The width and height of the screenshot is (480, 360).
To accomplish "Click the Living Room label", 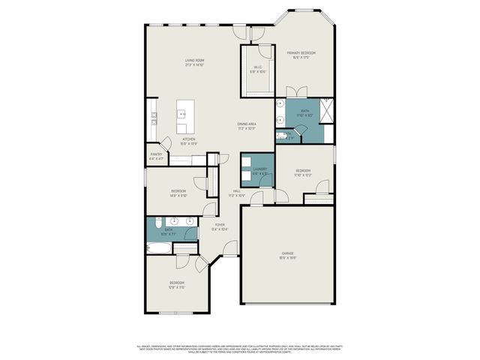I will point(195,61).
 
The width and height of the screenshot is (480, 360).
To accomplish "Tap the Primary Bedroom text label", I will point(301,54).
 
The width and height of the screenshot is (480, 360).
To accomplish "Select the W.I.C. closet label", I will point(257,68).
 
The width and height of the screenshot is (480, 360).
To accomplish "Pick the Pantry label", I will point(156,156).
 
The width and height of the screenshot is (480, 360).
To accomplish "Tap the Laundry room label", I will point(260,170).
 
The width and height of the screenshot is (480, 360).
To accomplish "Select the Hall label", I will point(236,193).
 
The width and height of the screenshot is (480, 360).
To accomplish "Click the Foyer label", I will point(220,226).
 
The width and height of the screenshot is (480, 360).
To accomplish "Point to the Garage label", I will point(288,255).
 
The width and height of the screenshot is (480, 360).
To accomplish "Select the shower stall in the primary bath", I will point(327,109).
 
